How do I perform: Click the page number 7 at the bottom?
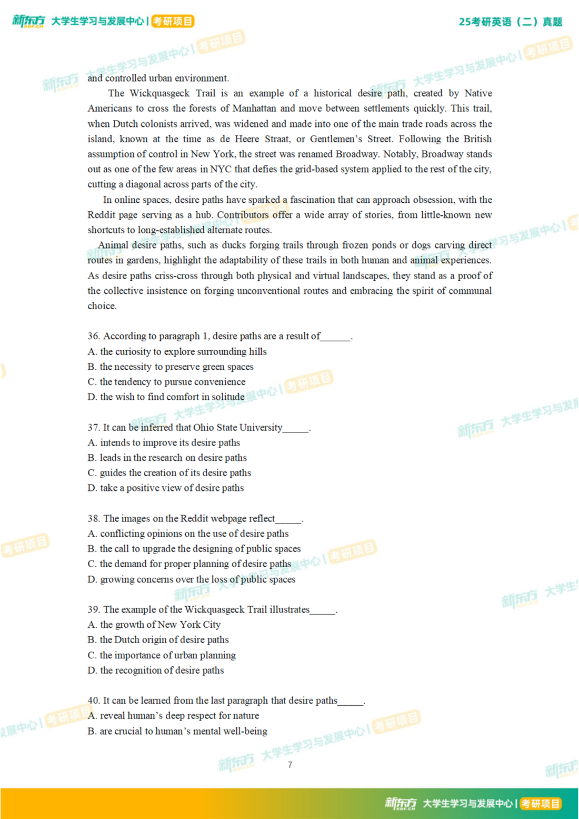289,765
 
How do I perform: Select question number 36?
93,336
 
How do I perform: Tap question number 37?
93,427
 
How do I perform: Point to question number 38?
93,518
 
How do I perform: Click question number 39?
93,609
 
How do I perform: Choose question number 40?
93,700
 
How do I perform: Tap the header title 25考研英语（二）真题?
511,22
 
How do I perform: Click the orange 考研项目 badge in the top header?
173,21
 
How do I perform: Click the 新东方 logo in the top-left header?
28,21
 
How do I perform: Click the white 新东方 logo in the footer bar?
401,803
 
